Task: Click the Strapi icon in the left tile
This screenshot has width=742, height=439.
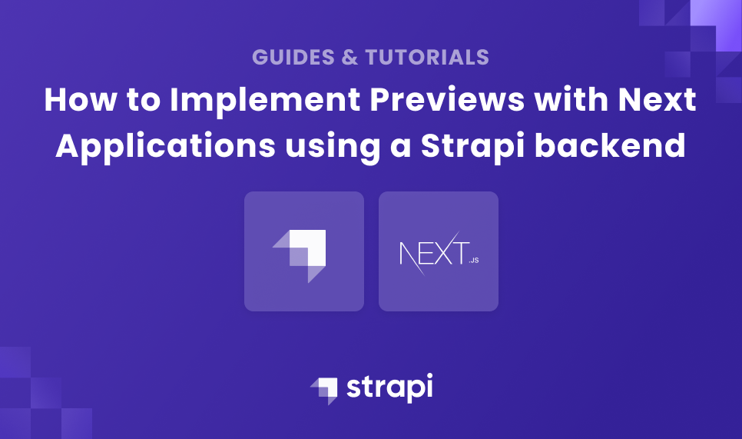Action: pos(303,253)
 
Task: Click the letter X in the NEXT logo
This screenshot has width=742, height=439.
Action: pos(439,253)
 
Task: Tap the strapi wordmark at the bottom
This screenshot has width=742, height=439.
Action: pos(389,387)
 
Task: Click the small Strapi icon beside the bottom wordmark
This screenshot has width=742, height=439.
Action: pos(323,389)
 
